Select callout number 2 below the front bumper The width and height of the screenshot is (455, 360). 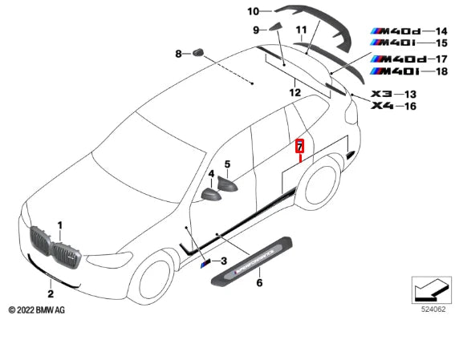pyautogui.click(x=50, y=281)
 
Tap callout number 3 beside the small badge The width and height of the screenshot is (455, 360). pyautogui.click(x=225, y=261)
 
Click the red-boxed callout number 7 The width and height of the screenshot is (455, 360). pyautogui.click(x=300, y=147)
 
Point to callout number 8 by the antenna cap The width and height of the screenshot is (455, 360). pyautogui.click(x=179, y=54)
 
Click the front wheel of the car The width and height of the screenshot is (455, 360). pyautogui.click(x=153, y=281)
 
